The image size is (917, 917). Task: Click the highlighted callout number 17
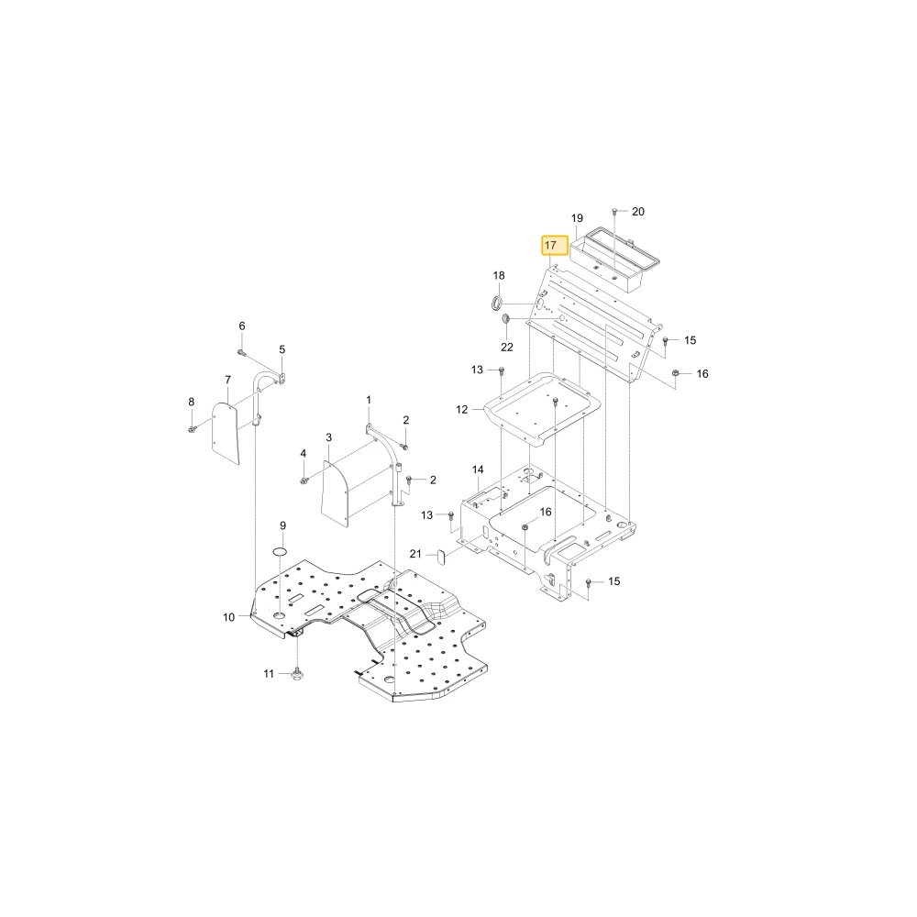(x=549, y=246)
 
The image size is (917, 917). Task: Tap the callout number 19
(x=577, y=218)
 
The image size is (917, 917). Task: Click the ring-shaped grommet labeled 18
(x=496, y=303)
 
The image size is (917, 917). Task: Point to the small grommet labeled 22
(x=506, y=318)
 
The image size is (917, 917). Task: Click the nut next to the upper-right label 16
(x=675, y=373)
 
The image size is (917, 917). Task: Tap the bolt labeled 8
(x=192, y=430)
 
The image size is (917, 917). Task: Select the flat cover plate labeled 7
(x=226, y=433)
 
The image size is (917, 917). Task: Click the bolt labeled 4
(x=304, y=481)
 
